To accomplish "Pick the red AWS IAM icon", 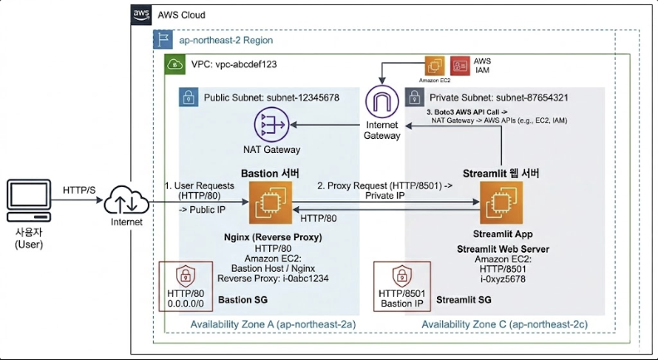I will click(459, 67).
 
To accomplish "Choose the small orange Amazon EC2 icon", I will click(435, 67).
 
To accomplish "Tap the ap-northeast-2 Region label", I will click(226, 39).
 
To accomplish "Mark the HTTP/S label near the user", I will click(80, 190).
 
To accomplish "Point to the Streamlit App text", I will click(496, 235).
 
